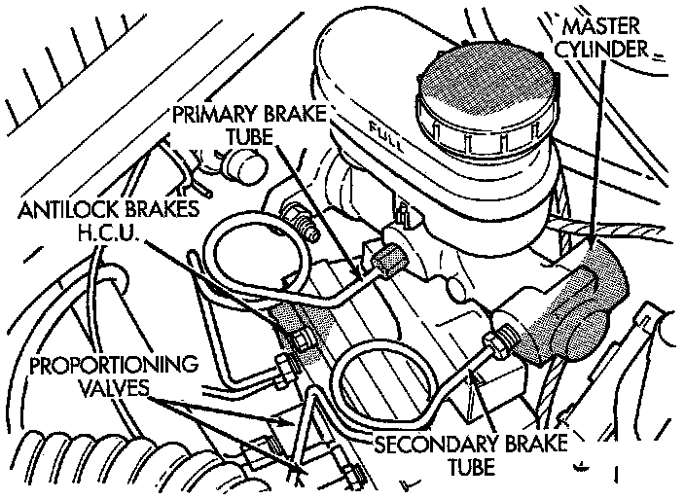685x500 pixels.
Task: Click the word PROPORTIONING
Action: click(113, 367)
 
